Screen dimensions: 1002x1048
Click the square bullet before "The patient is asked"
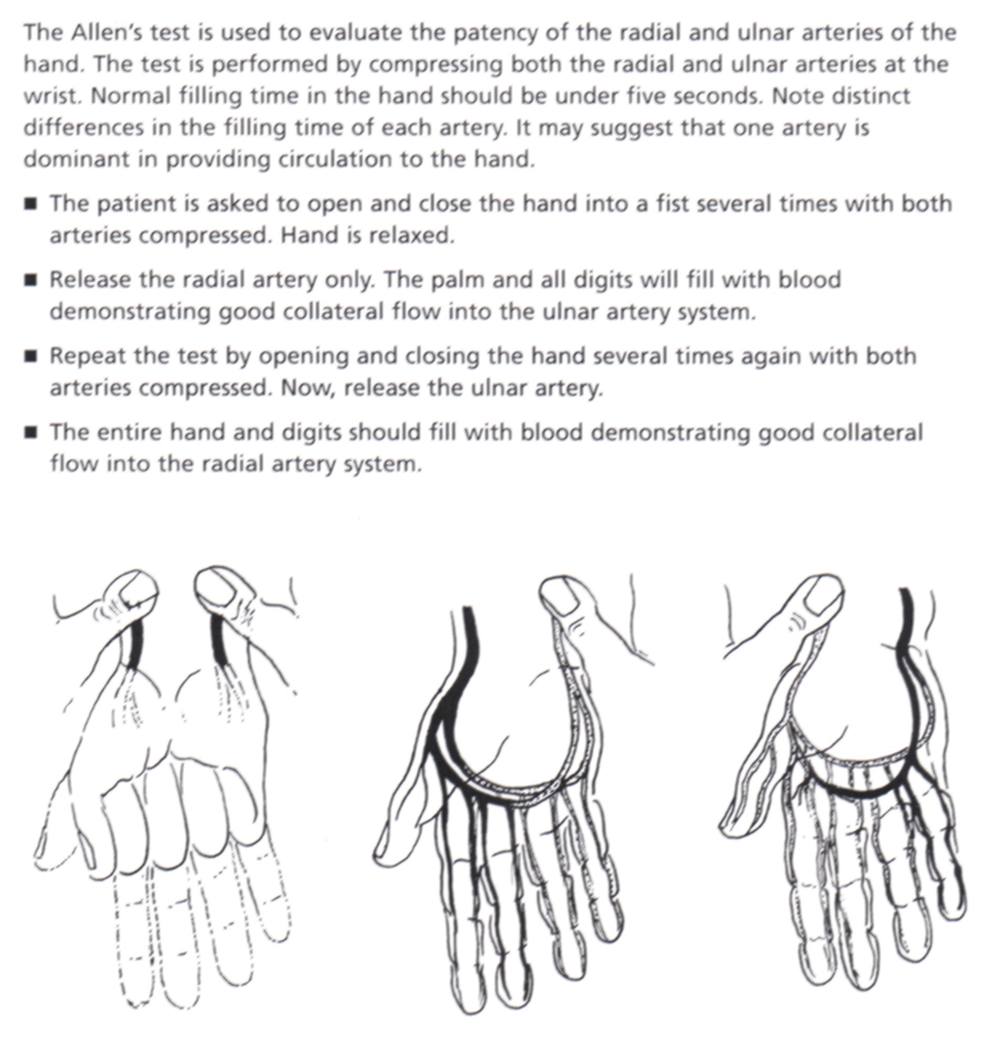point(31,204)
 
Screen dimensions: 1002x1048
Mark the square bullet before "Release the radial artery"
point(31,280)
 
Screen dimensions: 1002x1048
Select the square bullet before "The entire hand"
point(31,433)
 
